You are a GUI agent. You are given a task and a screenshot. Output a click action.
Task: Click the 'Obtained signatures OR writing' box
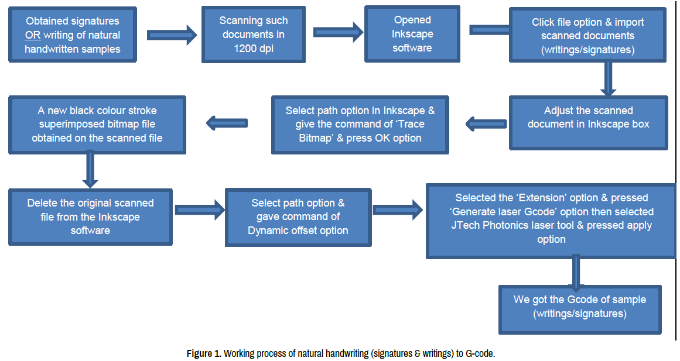tap(73, 35)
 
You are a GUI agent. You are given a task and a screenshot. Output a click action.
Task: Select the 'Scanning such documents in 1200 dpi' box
tap(254, 35)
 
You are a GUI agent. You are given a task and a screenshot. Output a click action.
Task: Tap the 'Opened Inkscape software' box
tap(412, 35)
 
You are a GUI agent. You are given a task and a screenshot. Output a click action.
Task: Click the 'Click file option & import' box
tap(587, 36)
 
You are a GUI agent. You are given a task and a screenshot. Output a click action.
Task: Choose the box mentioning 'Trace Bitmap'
tap(360, 125)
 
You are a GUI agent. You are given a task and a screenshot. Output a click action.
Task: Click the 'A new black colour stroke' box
tap(97, 125)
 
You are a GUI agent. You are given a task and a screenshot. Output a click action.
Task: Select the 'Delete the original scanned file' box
tap(90, 216)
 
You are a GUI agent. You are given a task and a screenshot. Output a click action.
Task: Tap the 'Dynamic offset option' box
tap(298, 216)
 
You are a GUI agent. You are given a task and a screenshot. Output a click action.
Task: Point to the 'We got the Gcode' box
tap(579, 307)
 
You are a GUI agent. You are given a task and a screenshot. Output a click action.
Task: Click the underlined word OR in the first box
tap(33, 35)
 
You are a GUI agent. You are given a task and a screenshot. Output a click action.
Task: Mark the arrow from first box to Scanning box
tap(171, 35)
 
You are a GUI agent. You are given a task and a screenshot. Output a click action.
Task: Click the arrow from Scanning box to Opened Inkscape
tap(336, 31)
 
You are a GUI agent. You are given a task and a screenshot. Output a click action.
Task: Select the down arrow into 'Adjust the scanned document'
tap(609, 78)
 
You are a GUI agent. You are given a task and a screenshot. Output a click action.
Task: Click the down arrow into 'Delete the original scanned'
tap(90, 170)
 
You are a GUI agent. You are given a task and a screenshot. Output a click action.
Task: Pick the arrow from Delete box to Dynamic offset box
tap(200, 209)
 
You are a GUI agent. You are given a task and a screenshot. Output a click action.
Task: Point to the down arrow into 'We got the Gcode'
tap(576, 271)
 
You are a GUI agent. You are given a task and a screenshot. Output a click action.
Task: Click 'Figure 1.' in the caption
tap(204, 353)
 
